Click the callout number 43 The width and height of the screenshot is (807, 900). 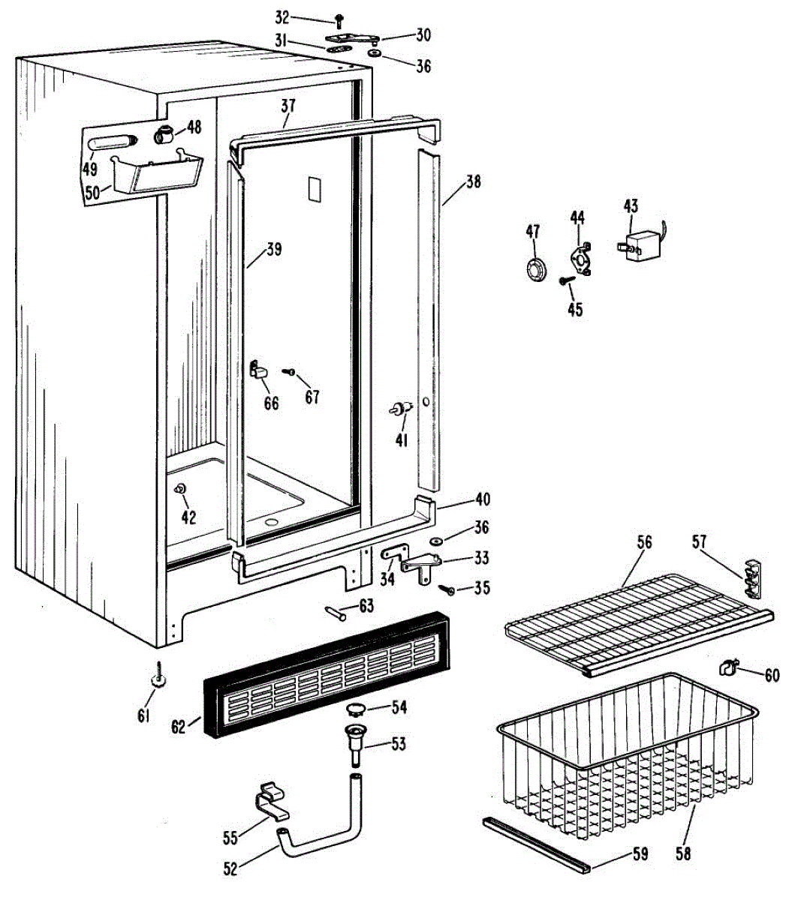[x=631, y=205]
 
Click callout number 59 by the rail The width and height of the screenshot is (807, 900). [x=640, y=853]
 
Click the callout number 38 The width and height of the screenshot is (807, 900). [x=473, y=181]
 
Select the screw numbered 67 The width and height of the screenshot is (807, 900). [x=288, y=371]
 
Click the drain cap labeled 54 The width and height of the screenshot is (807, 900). [x=357, y=708]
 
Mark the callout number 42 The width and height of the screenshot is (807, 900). [x=188, y=517]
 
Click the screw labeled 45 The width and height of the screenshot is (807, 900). [x=567, y=281]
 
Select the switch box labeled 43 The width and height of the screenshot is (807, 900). [x=639, y=244]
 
